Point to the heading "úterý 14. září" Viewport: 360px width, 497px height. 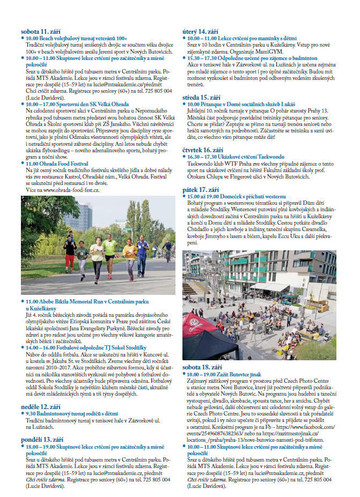[x=202, y=32]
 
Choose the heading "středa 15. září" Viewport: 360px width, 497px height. [x=202, y=97]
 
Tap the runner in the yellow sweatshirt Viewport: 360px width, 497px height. [x=129, y=257]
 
